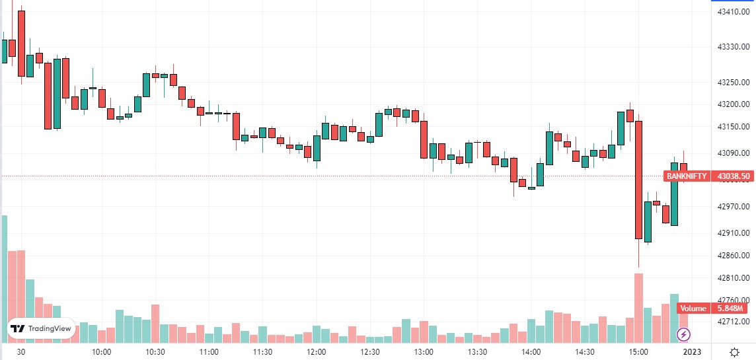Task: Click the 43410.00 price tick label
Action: tap(733, 11)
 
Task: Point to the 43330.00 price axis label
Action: tap(733, 47)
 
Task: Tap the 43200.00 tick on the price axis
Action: tap(733, 104)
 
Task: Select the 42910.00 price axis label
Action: tap(733, 233)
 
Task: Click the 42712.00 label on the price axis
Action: tap(733, 322)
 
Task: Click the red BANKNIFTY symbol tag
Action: tap(687, 176)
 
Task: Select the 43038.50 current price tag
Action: tap(733, 176)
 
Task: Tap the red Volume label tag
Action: tap(693, 308)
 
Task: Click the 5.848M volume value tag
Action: tap(732, 308)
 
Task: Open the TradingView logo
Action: tap(41, 328)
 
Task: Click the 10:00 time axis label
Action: tap(101, 352)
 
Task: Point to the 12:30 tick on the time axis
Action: tap(370, 352)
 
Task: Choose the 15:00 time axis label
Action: tap(638, 352)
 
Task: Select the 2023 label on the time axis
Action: tap(692, 352)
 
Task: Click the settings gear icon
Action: tap(734, 352)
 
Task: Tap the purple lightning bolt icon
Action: tap(683, 336)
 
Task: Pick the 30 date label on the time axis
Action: tap(21, 352)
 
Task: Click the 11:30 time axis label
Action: tap(262, 352)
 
